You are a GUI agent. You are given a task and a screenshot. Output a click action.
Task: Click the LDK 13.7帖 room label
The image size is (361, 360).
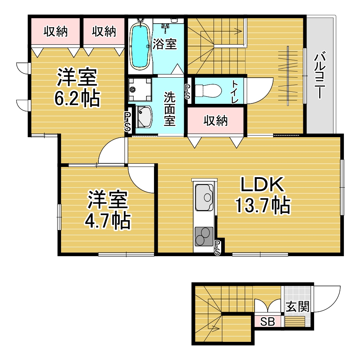tap(263, 195)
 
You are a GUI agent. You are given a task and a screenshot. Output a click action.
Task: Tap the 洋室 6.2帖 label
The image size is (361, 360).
tap(77, 87)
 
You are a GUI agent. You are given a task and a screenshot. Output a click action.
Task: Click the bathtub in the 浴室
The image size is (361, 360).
tap(139, 46)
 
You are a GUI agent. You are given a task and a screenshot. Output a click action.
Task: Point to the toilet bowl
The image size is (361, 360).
tap(208, 90)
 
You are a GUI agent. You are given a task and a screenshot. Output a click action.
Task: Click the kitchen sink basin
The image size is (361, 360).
tap(204, 197)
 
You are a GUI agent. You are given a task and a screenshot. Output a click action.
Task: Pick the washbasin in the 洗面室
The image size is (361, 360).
tap(144, 116)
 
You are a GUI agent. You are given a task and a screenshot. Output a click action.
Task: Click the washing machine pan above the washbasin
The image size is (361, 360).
tap(140, 90)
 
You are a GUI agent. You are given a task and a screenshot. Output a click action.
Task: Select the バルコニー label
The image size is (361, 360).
tap(320, 75)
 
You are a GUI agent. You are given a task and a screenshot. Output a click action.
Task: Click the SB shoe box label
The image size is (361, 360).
tap(268, 322)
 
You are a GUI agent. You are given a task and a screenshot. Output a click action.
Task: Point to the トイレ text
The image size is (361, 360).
tap(235, 91)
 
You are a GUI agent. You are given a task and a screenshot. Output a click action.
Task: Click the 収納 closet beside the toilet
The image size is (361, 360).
tap(215, 120)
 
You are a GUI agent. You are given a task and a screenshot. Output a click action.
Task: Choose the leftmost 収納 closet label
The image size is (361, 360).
tap(56, 32)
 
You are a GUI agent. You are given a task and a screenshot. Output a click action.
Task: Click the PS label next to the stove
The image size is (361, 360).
tap(217, 247)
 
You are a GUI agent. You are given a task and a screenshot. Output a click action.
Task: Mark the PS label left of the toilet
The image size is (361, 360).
tap(187, 91)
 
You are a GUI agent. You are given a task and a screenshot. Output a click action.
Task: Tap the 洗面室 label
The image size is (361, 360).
tap(170, 109)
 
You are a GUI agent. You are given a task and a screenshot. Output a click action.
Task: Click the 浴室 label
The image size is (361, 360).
tap(165, 44)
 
